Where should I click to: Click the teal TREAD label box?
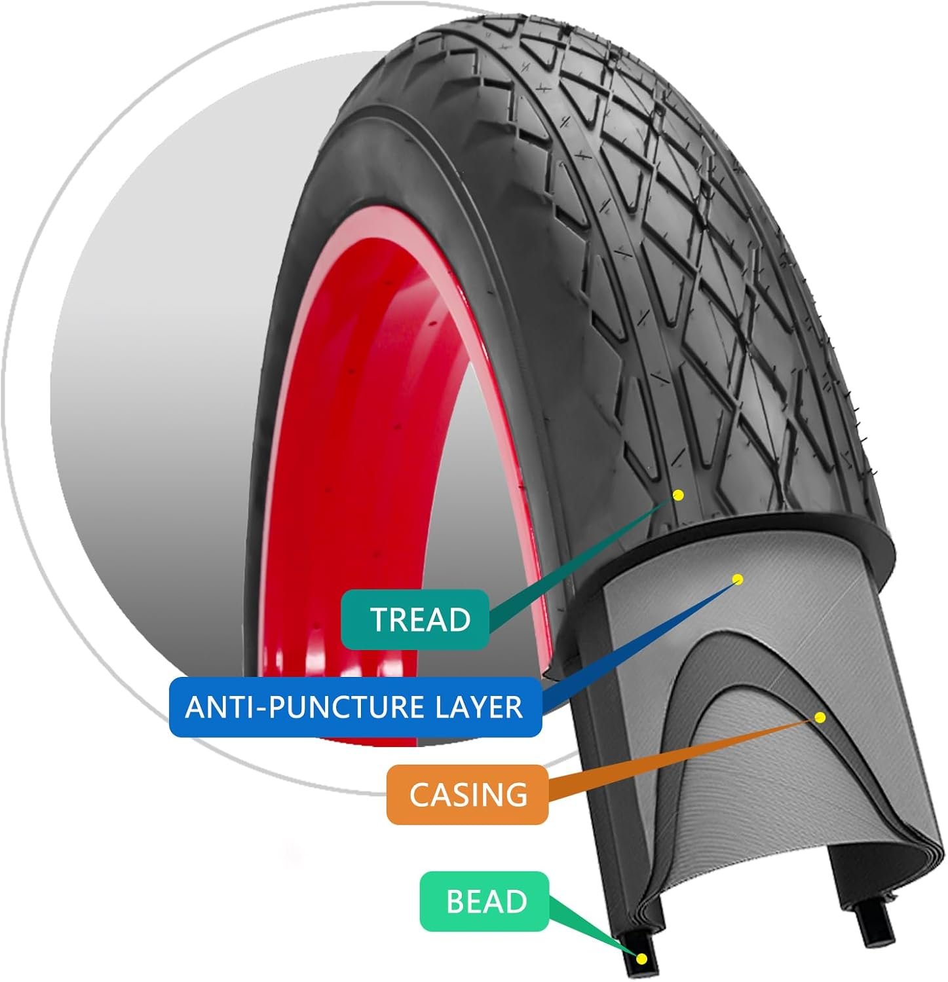tap(415, 619)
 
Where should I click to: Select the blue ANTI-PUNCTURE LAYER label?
tap(354, 707)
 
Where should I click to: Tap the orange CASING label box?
tap(467, 794)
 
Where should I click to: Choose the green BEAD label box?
tap(485, 901)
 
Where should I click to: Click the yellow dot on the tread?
tap(678, 495)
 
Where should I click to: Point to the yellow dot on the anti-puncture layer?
tap(738, 579)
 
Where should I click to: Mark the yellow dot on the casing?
tap(819, 718)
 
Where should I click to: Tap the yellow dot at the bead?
tap(641, 959)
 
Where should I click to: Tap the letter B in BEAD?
tap(455, 901)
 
